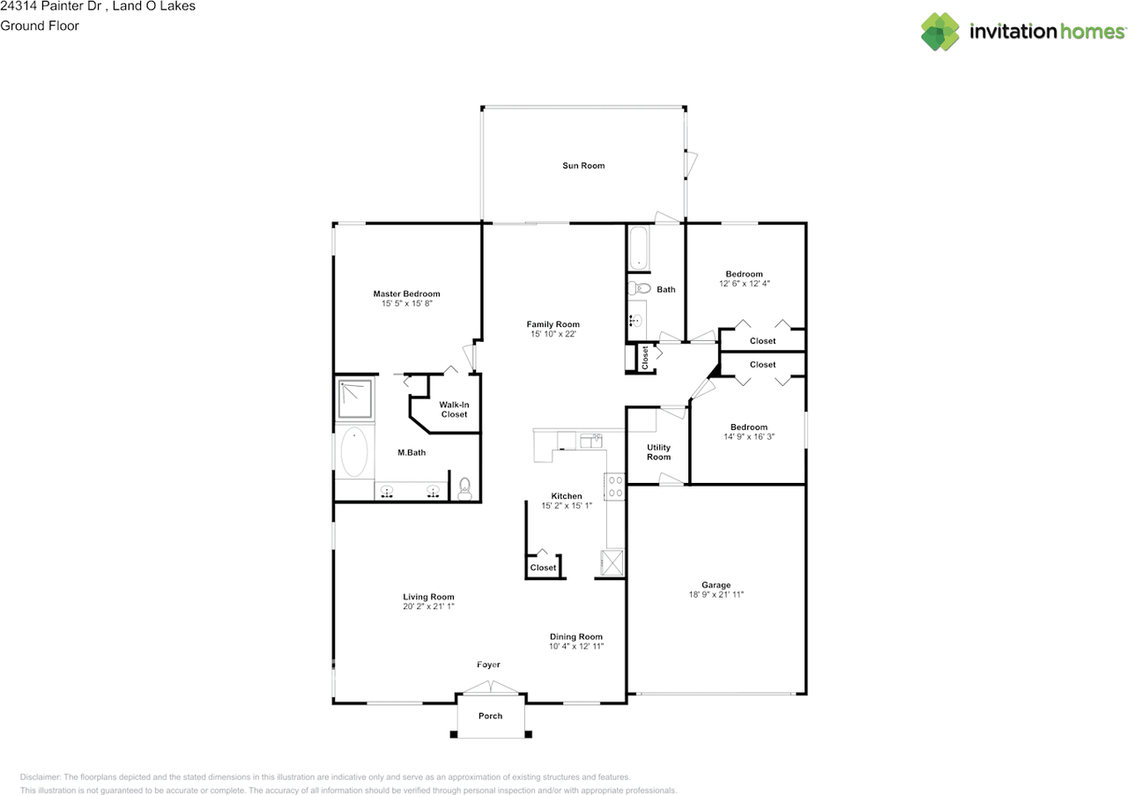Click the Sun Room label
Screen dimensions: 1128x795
click(583, 166)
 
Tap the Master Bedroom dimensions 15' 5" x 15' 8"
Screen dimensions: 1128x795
click(407, 303)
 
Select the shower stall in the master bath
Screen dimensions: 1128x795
click(355, 398)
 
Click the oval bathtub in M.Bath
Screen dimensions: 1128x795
click(354, 452)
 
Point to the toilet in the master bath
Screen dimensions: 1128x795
click(464, 488)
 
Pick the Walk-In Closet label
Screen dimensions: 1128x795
click(454, 410)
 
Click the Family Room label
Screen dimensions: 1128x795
click(553, 324)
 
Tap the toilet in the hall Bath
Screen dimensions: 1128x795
click(639, 289)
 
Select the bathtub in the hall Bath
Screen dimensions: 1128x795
click(639, 249)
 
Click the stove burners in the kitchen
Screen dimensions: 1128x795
click(615, 487)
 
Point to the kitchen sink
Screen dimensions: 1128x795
click(591, 441)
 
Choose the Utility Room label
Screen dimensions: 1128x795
click(658, 452)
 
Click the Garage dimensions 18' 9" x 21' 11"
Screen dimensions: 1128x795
click(716, 594)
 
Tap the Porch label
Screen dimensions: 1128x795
click(491, 716)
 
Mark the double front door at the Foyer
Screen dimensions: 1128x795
click(491, 687)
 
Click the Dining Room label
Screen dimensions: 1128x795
click(576, 637)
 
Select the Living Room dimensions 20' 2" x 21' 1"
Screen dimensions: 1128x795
click(428, 606)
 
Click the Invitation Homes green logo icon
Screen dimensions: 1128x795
click(940, 32)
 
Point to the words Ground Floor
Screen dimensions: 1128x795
click(40, 26)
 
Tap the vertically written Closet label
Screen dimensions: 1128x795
click(645, 358)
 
